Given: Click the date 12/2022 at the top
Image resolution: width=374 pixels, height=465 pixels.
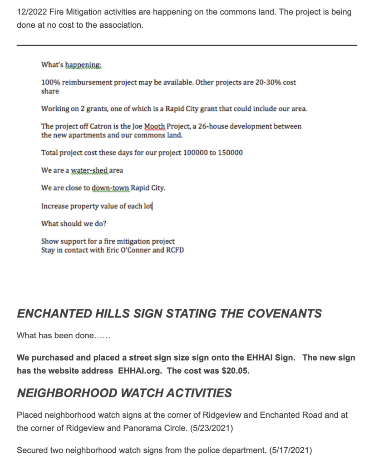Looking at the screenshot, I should pos(30,12).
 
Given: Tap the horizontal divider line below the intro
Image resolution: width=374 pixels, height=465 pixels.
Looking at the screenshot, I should pos(187,45).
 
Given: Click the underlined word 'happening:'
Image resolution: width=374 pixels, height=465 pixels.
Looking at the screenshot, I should pos(84,65).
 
